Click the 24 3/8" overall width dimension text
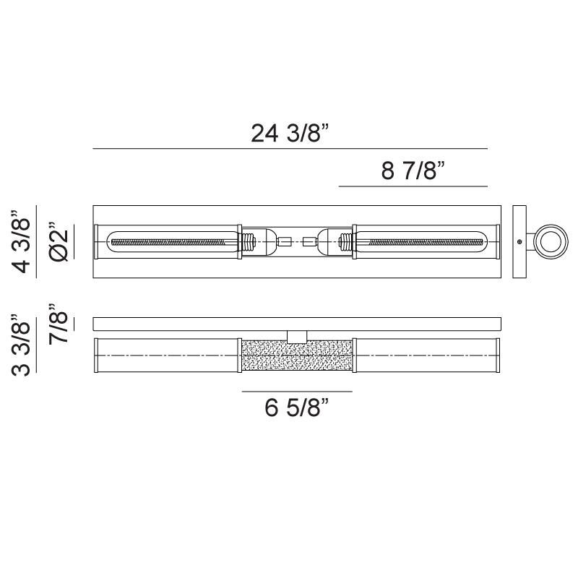coord(290,134)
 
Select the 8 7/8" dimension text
coord(412,171)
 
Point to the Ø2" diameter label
coord(59,242)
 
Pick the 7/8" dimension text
coord(59,324)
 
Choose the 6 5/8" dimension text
coord(296,409)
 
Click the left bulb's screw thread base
coord(249,241)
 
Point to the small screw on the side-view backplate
coord(519,241)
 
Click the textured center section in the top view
coord(297,355)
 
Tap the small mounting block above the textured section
coord(297,335)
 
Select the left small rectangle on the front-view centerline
coord(284,241)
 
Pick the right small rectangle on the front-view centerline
coord(310,241)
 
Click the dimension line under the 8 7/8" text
coord(413,186)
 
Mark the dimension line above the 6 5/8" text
coord(297,392)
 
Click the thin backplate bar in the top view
coord(297,323)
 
